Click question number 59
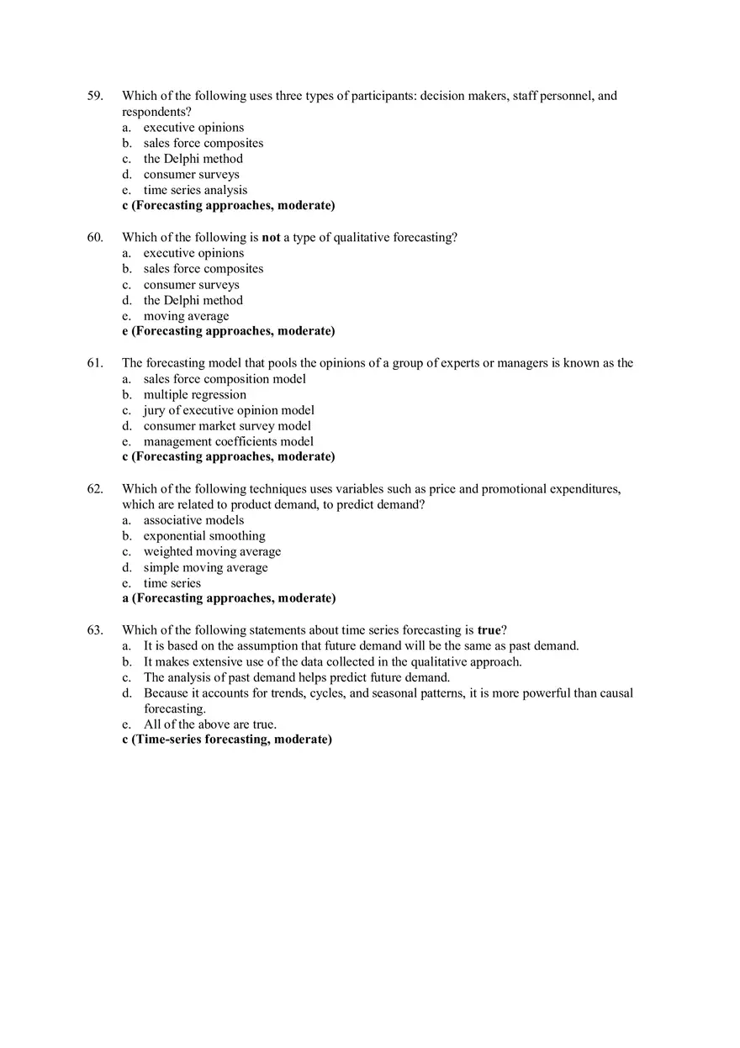tap(95, 96)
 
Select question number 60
tap(95, 237)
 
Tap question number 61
tap(95, 363)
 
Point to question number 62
tap(95, 488)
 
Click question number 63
tap(95, 629)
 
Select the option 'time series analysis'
tap(195, 190)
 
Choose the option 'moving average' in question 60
tap(186, 316)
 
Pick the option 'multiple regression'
tap(195, 394)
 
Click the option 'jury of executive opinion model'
tap(229, 410)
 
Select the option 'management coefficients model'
tap(228, 441)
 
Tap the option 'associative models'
tap(193, 520)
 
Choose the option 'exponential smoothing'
tap(204, 535)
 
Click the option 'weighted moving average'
tap(212, 551)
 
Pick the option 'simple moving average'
tap(205, 567)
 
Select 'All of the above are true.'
tap(209, 724)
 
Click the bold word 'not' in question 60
tap(271, 237)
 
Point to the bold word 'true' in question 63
tap(489, 629)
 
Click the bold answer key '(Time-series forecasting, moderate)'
tap(232, 740)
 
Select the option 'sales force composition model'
tap(225, 378)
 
